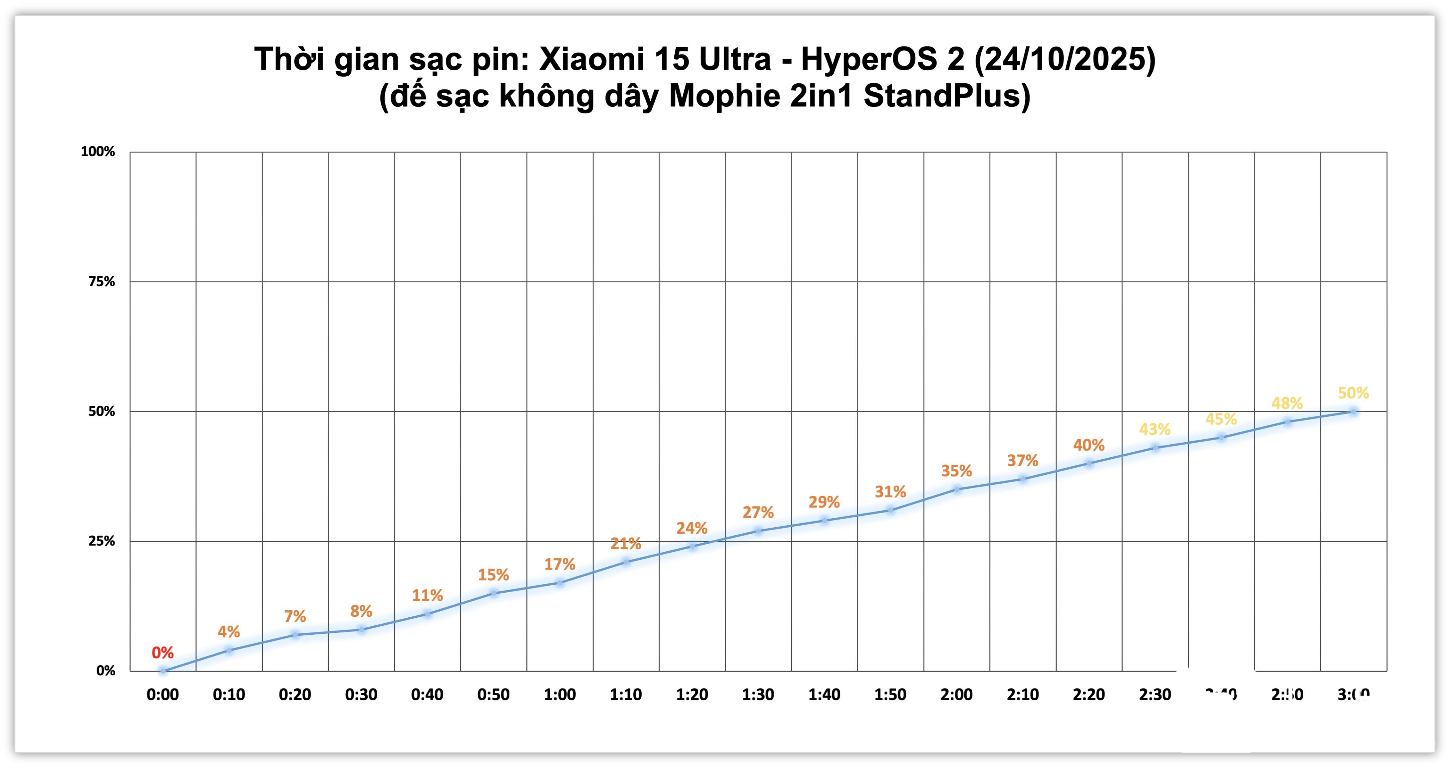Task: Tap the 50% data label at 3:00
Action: (1353, 393)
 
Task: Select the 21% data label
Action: (625, 543)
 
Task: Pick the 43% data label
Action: (1155, 429)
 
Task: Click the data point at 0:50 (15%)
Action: (493, 593)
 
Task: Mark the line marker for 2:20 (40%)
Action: (1089, 463)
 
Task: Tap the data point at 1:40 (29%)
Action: (824, 521)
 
